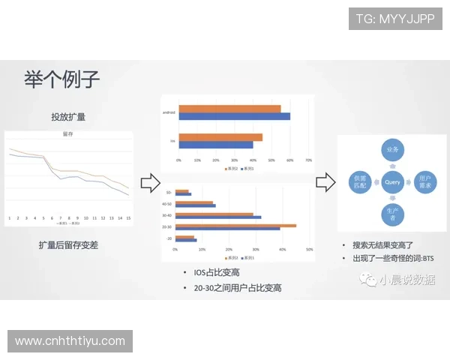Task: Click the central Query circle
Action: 392,182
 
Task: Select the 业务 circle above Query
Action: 392,151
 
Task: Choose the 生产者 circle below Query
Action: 392,214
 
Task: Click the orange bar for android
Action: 229,109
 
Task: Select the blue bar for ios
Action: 215,144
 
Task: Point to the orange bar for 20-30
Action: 235,225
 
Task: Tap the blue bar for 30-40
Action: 218,217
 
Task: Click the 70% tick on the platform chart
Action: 308,160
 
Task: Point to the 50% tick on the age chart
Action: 310,248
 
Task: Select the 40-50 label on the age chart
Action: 166,203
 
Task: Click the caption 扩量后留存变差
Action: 68,244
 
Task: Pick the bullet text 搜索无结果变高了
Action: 382,244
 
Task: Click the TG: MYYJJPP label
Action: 395,18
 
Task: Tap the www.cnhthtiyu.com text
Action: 70,341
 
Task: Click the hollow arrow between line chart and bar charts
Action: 150,182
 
